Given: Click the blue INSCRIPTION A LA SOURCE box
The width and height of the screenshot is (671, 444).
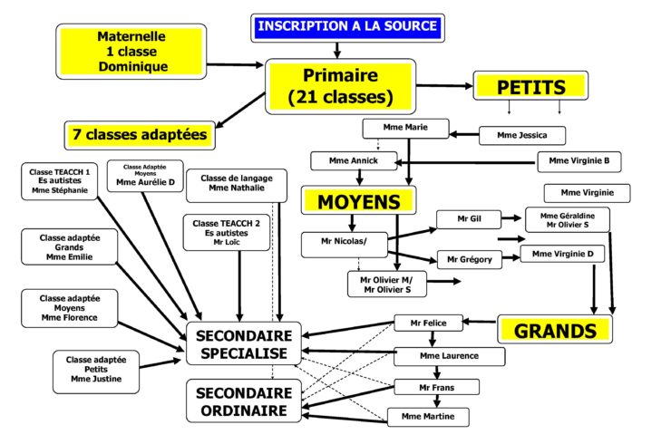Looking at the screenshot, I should pos(348,27).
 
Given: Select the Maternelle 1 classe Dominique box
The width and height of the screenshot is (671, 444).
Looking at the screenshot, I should pos(131,51).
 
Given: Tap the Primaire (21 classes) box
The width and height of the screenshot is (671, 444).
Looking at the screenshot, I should pos(340,85).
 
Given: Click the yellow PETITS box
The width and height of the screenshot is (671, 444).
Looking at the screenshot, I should pos(530,86).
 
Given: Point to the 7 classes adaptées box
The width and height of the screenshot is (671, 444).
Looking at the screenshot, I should pos(140,136).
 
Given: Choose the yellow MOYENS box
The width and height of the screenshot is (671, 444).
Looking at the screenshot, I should pos(358,199).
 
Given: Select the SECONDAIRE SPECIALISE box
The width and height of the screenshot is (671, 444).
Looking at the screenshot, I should pos(244,343).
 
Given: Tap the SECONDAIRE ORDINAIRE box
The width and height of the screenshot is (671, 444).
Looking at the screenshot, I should pos(244,402).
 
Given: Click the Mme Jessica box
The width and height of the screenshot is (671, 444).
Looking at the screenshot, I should pos(522,136).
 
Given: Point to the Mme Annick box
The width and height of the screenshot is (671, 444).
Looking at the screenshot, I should pos(355,161).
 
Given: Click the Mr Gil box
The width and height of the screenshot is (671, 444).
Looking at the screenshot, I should pos(469,218).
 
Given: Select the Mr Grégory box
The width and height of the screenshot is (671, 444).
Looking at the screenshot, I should pos(469,259).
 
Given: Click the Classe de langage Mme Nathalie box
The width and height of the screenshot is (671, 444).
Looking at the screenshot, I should pos(236,181).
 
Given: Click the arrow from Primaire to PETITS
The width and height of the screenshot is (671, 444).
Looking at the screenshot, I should pos(445,86).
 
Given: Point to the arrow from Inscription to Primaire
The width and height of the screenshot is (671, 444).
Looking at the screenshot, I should pos(337,50).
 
